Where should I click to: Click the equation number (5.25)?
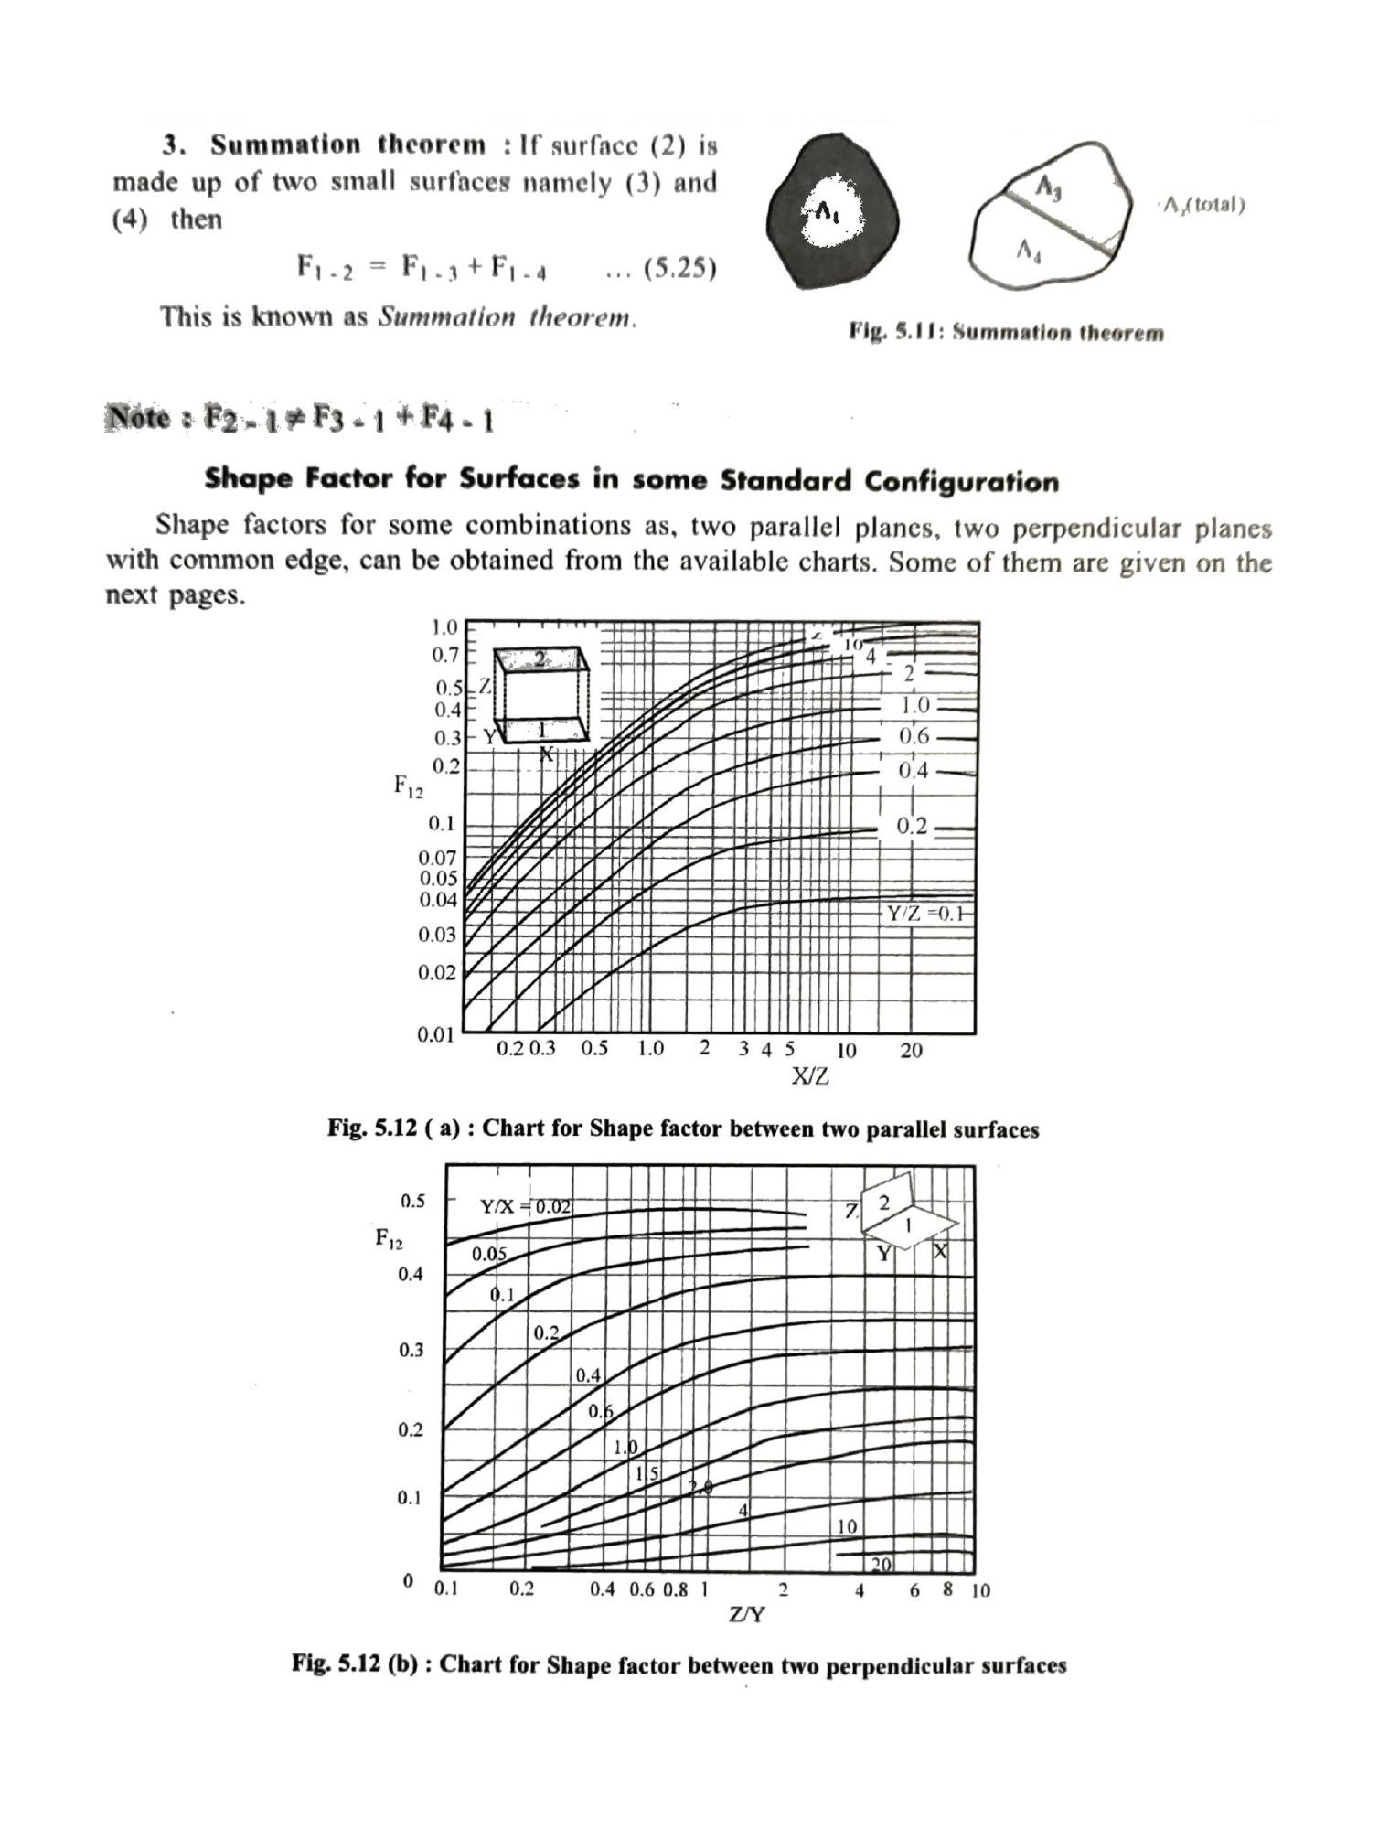click(x=679, y=269)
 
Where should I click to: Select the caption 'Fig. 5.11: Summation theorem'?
click(x=1006, y=332)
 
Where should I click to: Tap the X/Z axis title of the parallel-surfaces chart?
click(x=809, y=1076)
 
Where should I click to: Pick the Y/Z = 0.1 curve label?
click(x=924, y=914)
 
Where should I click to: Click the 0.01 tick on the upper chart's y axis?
click(x=436, y=1035)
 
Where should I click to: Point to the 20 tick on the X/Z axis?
click(x=911, y=1051)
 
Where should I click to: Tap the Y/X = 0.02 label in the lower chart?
click(x=526, y=1207)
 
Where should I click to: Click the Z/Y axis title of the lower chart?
click(x=746, y=1615)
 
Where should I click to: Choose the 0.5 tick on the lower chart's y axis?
click(x=412, y=1201)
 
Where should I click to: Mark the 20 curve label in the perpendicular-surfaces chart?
click(x=881, y=1565)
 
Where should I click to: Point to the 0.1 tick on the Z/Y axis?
click(x=445, y=1589)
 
